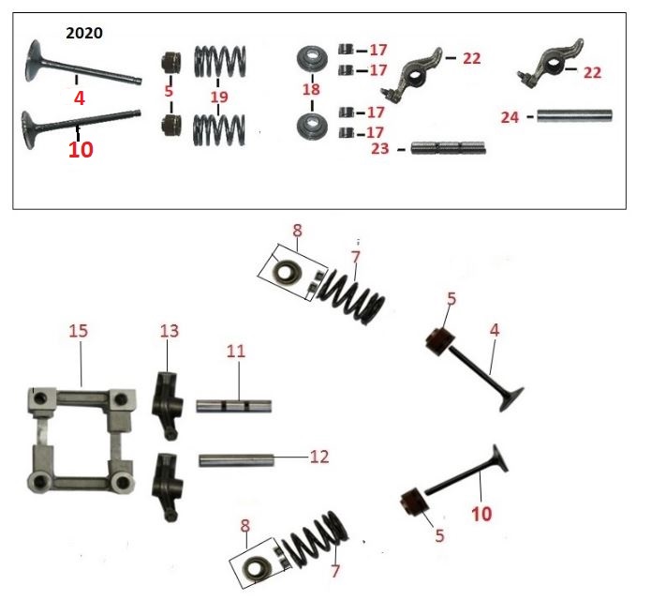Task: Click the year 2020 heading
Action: point(84,33)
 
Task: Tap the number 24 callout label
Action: point(510,117)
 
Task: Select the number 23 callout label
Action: point(380,148)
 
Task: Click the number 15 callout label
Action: point(79,331)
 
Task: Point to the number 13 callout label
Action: point(170,331)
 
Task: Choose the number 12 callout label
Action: point(319,457)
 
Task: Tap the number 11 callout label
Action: point(236,351)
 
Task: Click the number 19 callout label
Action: point(219,97)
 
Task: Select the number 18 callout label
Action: point(311,89)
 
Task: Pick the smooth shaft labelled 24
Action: point(575,115)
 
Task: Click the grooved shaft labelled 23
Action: point(448,148)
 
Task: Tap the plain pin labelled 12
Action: point(237,460)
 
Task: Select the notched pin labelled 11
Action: point(233,406)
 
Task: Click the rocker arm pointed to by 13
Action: point(168,405)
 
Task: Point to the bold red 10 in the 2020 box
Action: point(81,150)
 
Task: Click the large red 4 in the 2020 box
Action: point(80,98)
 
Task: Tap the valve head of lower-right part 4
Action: point(511,398)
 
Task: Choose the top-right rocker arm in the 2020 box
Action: point(551,64)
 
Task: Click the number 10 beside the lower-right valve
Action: point(481,514)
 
